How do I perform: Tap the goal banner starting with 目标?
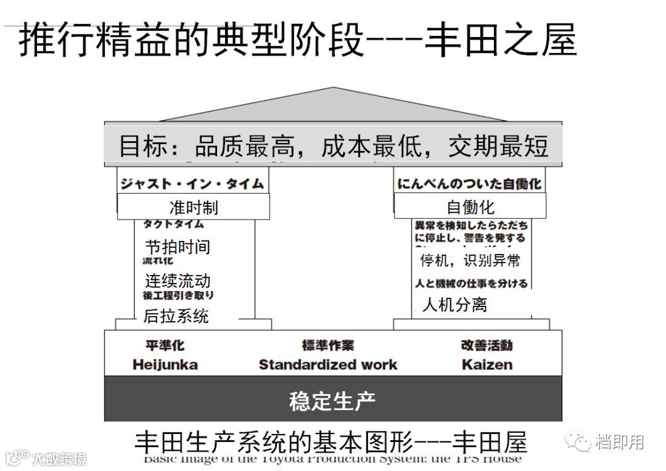pyautogui.click(x=333, y=147)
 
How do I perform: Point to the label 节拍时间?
pyautogui.click(x=178, y=247)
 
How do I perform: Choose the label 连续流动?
pyautogui.click(x=178, y=281)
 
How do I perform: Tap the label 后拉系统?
pyautogui.click(x=176, y=316)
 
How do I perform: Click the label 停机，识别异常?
pyautogui.click(x=470, y=260)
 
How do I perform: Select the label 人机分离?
pyautogui.click(x=454, y=305)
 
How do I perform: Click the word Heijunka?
pyautogui.click(x=165, y=364)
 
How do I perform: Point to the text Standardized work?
pyautogui.click(x=328, y=364)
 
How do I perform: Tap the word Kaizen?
pyautogui.click(x=487, y=364)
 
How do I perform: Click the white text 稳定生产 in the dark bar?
pyautogui.click(x=332, y=401)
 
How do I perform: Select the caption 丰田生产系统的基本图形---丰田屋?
pyautogui.click(x=331, y=441)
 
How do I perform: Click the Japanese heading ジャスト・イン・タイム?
pyautogui.click(x=192, y=184)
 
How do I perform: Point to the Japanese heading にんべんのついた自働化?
pyautogui.click(x=470, y=184)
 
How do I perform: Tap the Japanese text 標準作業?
pyautogui.click(x=328, y=345)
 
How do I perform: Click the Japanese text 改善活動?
pyautogui.click(x=487, y=345)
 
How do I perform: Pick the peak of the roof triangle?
pyautogui.click(x=333, y=89)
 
